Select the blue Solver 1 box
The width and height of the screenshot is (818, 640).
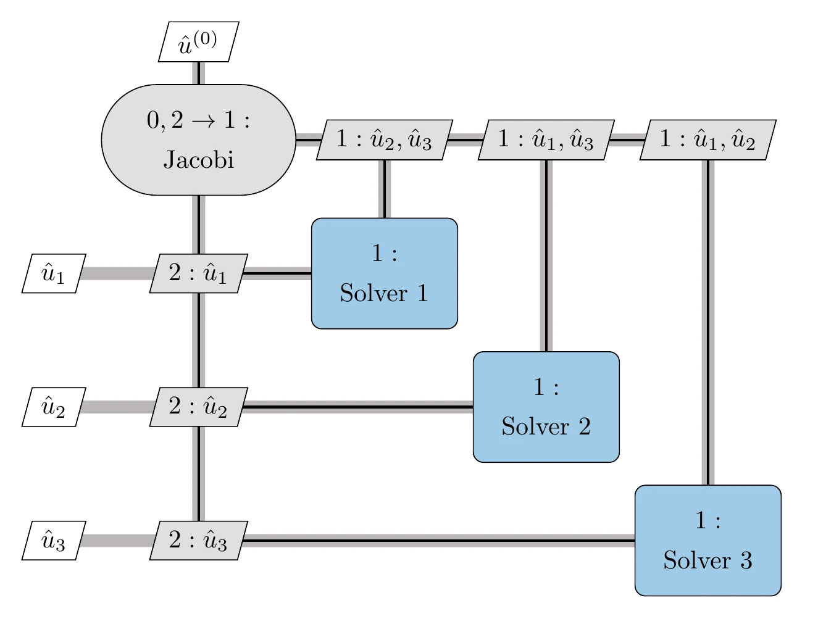pos(384,273)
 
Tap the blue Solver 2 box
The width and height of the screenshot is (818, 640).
pos(546,407)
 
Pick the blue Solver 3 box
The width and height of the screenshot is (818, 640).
pos(707,540)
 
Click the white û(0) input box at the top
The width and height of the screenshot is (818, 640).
pos(198,42)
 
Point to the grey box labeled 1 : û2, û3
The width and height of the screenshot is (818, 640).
pos(384,139)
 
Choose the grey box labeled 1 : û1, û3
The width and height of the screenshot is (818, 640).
pos(546,139)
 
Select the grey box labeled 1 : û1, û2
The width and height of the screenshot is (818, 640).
pos(707,139)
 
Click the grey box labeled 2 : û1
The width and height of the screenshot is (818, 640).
pos(198,273)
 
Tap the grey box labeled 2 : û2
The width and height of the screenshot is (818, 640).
pos(198,407)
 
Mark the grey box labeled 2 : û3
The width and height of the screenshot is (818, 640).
pos(198,541)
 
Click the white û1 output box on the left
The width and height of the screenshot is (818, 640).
pos(53,273)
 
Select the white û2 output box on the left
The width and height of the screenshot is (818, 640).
pos(53,407)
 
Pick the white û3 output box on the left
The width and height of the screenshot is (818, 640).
pos(53,541)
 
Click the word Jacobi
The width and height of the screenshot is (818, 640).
pos(198,160)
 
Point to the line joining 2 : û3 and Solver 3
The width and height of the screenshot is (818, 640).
pos(438,541)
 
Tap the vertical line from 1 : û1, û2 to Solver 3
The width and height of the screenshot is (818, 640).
pos(707,321)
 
